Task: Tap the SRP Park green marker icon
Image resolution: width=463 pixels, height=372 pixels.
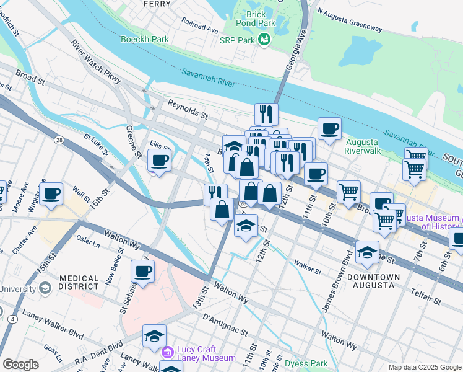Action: click(265, 40)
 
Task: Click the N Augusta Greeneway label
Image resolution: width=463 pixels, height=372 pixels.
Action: click(350, 19)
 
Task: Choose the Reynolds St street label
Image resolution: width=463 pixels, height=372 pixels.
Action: click(189, 111)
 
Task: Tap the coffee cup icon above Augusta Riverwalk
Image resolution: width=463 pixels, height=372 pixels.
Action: click(329, 129)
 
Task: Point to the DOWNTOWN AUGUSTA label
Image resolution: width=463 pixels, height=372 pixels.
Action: click(370, 280)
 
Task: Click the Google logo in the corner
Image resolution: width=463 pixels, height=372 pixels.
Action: click(20, 364)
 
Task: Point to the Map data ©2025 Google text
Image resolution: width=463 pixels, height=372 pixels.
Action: click(424, 367)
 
